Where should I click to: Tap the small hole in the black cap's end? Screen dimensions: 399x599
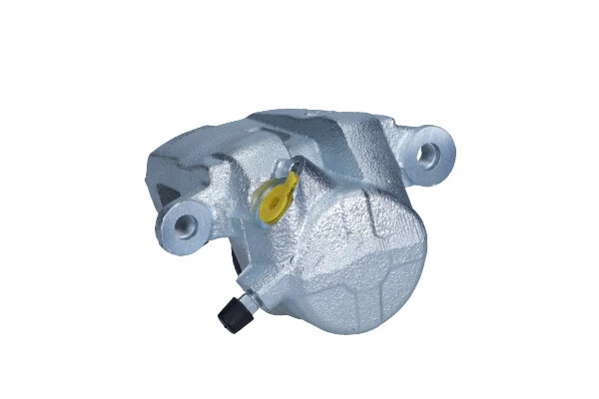pos(226,320)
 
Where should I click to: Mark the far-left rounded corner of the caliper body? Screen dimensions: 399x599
pos(150,175)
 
